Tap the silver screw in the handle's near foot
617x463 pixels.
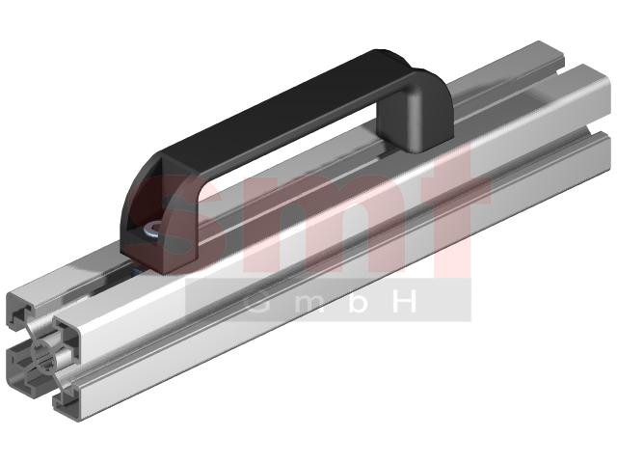coord(152,230)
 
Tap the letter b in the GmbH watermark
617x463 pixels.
coord(359,301)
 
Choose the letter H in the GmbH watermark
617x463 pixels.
coord(402,301)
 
